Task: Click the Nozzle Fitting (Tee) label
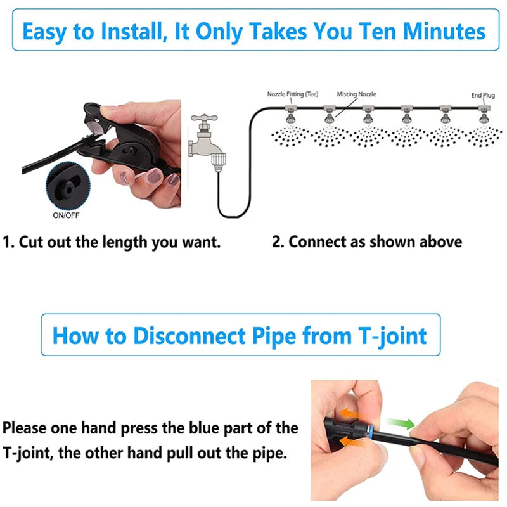(x=292, y=94)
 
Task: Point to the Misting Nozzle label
(x=356, y=94)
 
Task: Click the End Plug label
(x=482, y=95)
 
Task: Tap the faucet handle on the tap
(x=207, y=118)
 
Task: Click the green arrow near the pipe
(x=402, y=423)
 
